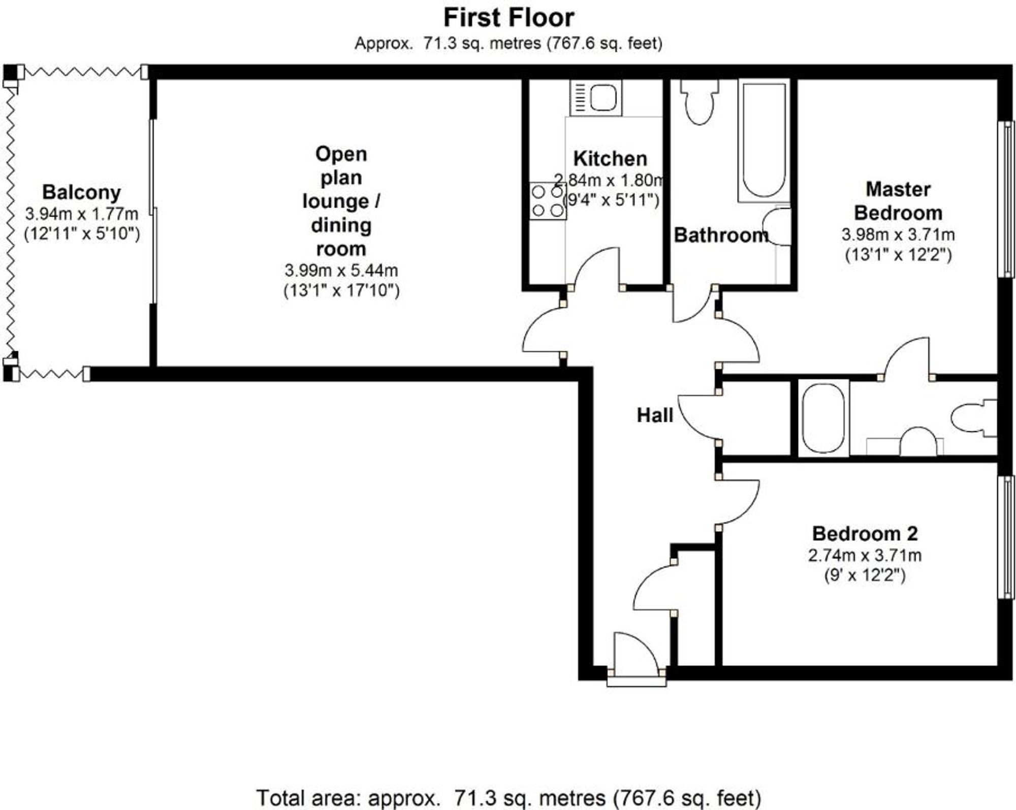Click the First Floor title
point(509,18)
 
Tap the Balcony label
point(81,192)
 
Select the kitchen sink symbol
point(595,97)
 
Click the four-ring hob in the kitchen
point(548,201)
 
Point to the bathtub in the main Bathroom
point(764,141)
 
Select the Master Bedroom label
point(898,201)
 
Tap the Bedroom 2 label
point(865,533)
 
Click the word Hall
point(655,416)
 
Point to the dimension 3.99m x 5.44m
point(341,270)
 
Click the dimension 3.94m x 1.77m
point(81,213)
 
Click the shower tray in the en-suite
point(823,418)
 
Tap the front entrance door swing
point(635,655)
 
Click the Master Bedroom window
point(1006,199)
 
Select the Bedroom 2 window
point(1006,537)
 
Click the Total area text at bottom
point(509,797)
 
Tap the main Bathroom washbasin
point(778,226)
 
